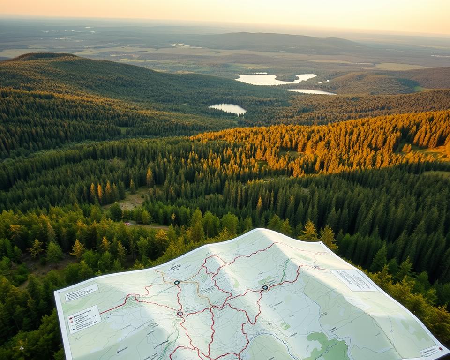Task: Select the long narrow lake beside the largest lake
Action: (311, 91)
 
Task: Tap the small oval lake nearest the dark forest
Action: (228, 108)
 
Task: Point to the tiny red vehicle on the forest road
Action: (128, 224)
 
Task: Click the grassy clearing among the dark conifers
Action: (129, 202)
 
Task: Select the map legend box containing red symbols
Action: (84, 319)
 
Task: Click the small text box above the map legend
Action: (82, 292)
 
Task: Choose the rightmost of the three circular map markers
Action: (265, 287)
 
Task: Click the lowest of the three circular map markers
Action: (180, 314)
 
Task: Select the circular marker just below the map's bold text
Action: (177, 282)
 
